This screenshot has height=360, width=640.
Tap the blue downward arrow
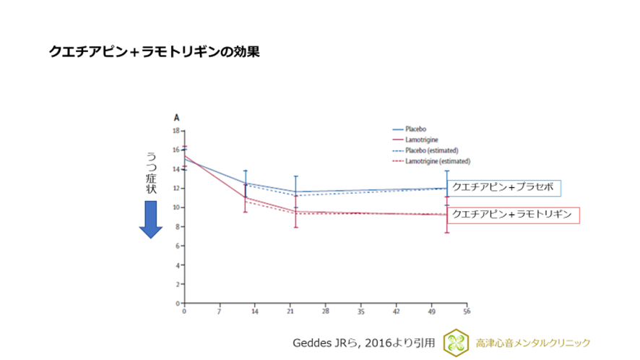click(151, 219)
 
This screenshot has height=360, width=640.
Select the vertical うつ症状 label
click(151, 173)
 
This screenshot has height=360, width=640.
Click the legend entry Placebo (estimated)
click(431, 150)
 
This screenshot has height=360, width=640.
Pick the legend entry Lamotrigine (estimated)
click(433, 161)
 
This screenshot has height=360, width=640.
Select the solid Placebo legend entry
click(416, 129)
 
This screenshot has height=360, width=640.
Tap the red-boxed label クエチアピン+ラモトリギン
click(514, 215)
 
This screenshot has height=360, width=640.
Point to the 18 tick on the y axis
click(176, 131)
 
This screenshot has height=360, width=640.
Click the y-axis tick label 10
click(176, 207)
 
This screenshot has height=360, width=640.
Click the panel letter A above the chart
click(176, 116)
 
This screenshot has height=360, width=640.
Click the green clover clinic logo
click(455, 342)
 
